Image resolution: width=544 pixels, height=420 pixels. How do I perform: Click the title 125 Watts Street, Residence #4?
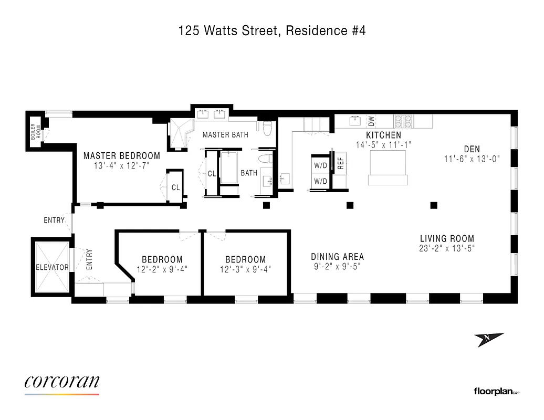pyautogui.click(x=271, y=31)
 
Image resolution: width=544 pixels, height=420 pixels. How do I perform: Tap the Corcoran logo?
pyautogui.click(x=62, y=382)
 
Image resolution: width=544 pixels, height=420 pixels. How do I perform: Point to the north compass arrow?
pyautogui.click(x=490, y=340)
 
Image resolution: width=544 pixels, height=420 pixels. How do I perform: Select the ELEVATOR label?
pyautogui.click(x=52, y=267)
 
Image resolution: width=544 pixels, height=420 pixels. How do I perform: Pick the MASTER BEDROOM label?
pyautogui.click(x=121, y=156)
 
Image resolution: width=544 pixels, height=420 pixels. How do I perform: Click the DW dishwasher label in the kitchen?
pyautogui.click(x=371, y=121)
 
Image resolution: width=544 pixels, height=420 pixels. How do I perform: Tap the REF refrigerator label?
pyautogui.click(x=340, y=163)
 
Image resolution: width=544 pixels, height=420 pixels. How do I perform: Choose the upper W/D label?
pyautogui.click(x=320, y=166)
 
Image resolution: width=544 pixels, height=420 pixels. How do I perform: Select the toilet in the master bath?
pyautogui.click(x=267, y=128)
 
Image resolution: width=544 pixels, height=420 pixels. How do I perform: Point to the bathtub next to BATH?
pyautogui.click(x=229, y=168)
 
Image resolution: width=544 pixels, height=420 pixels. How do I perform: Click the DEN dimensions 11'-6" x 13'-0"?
pyautogui.click(x=471, y=159)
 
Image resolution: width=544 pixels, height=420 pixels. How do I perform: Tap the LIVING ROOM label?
pyautogui.click(x=446, y=238)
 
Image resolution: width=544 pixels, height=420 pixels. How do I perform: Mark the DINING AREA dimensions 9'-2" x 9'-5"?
pyautogui.click(x=337, y=266)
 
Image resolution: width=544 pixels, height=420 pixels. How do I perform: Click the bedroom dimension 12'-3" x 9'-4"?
pyautogui.click(x=245, y=269)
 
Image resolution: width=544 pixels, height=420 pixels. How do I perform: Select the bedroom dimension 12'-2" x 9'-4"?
pyautogui.click(x=162, y=269)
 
